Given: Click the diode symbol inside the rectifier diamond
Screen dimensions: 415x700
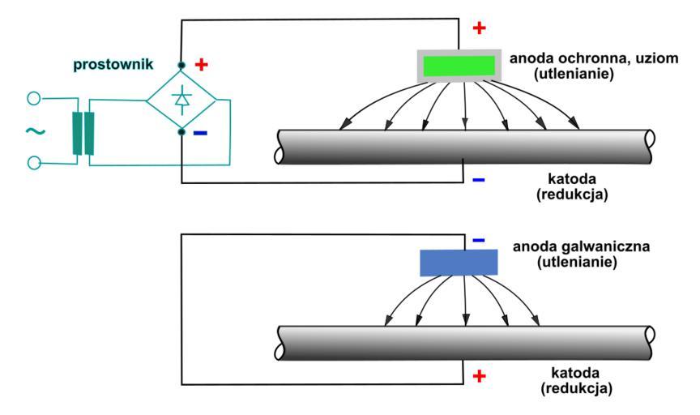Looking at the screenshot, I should (x=181, y=98).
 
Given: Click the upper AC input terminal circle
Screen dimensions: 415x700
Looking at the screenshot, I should (x=34, y=100).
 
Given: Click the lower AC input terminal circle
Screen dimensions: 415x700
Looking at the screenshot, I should (x=34, y=163).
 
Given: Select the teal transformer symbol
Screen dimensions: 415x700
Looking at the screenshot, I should (x=83, y=131).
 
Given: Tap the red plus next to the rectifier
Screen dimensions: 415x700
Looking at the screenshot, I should (x=202, y=63).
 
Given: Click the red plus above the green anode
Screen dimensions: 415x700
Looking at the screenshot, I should (x=479, y=28).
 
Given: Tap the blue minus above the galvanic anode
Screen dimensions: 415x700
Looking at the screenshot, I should (x=478, y=240).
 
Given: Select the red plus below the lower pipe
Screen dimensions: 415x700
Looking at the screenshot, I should (x=479, y=376).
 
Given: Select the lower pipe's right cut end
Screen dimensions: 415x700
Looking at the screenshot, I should (x=652, y=344).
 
